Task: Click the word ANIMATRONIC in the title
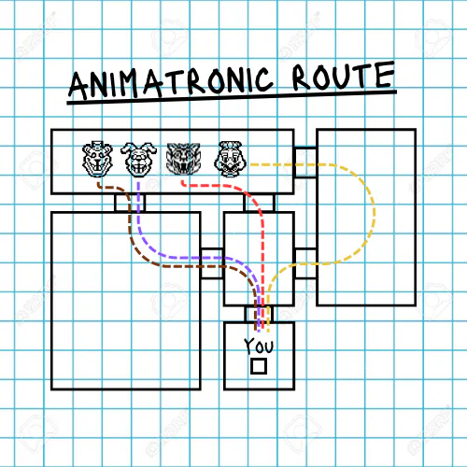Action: point(171,82)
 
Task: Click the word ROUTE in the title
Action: point(344,76)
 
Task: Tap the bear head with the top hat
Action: point(97,159)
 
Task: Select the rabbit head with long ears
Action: point(138,159)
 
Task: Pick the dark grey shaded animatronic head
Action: point(183,159)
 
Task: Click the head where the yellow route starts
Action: point(231,159)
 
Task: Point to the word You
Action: point(259,346)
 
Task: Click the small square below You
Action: point(259,366)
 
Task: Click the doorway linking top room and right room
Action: point(305,162)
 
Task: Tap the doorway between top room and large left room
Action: point(130,203)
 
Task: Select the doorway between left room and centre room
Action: point(212,263)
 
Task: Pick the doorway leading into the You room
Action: point(259,314)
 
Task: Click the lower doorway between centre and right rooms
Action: point(305,263)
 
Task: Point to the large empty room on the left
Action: point(126,301)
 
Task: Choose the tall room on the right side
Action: point(366,217)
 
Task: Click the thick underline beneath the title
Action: point(232,97)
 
